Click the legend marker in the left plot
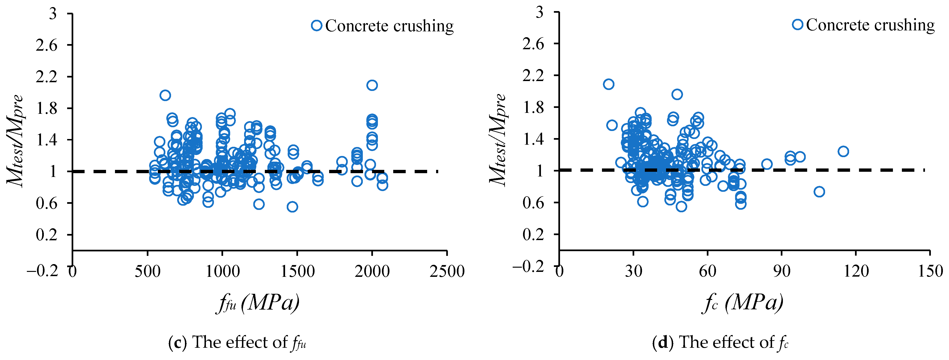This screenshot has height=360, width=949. (316, 25)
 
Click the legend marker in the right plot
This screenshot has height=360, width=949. (798, 25)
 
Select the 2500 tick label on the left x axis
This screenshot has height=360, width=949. (447, 272)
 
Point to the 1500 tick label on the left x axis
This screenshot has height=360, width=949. (297, 272)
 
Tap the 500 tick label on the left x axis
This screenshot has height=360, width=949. (148, 272)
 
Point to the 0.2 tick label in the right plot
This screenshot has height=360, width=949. (533, 234)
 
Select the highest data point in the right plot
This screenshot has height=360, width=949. (609, 84)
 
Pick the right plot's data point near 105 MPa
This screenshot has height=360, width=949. (819, 192)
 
